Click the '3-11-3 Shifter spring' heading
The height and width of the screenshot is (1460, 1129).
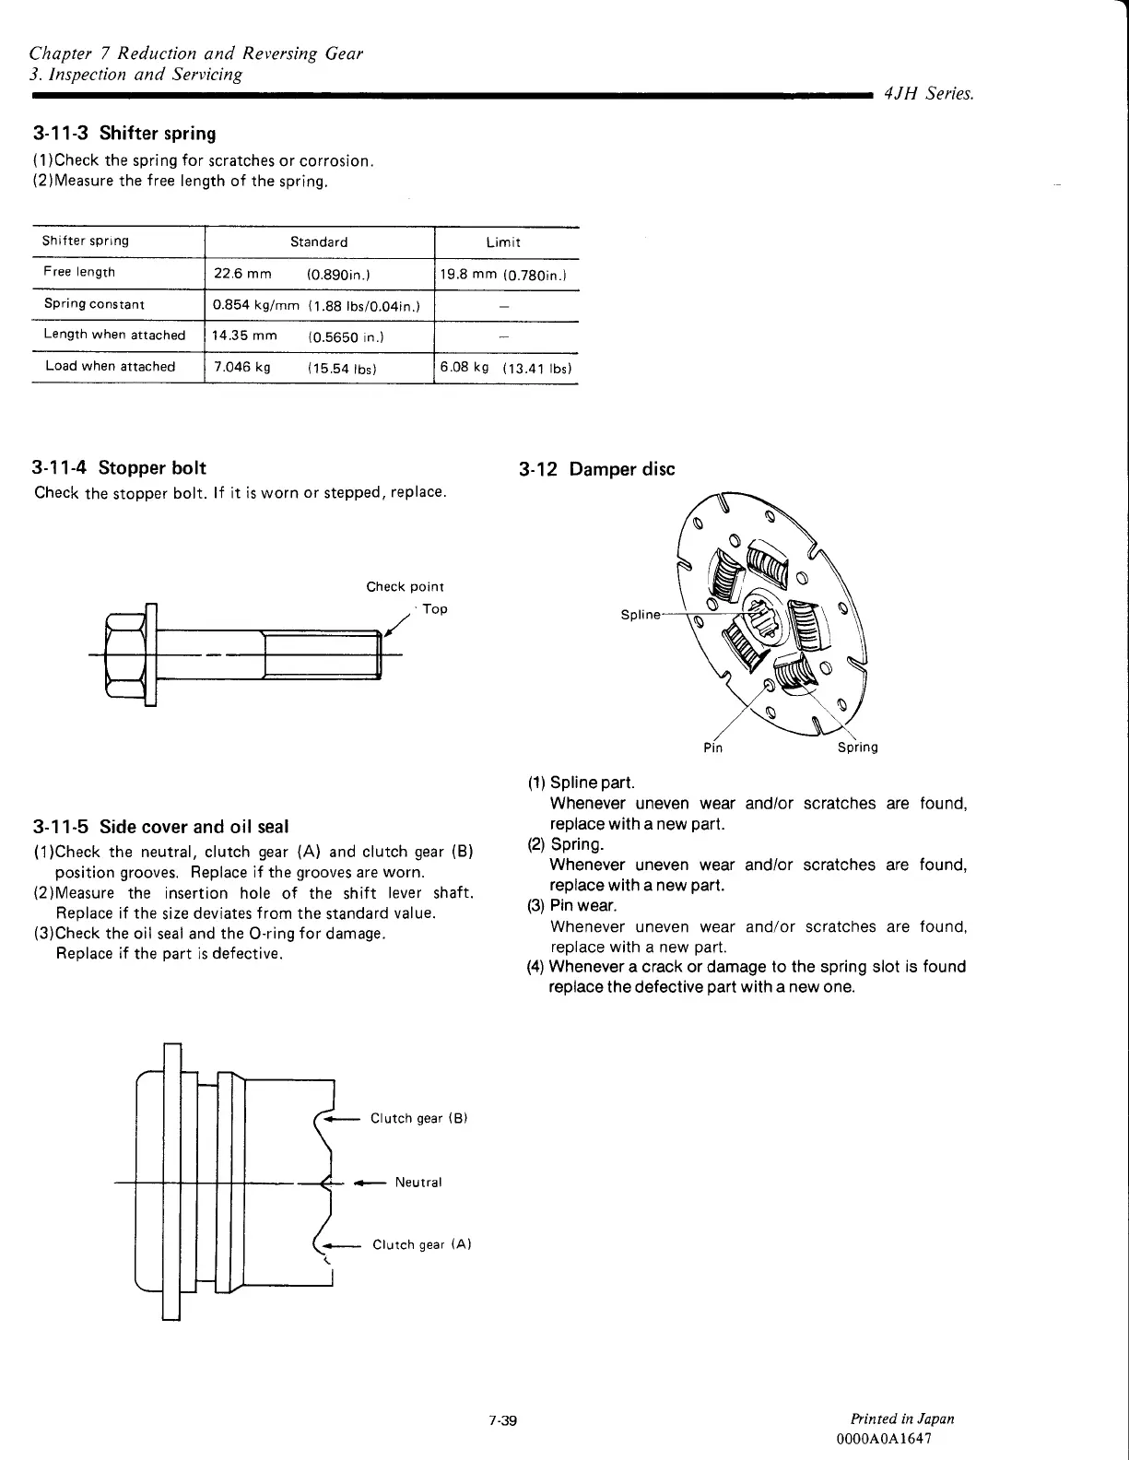pos(124,134)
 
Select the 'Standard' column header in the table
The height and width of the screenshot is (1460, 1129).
pos(319,242)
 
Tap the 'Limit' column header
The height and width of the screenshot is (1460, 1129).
pos(503,242)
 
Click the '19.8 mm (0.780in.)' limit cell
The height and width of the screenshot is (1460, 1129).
pos(503,274)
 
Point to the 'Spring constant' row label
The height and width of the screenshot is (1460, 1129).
pos(94,304)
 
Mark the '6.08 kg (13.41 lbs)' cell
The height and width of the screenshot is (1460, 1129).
pos(506,368)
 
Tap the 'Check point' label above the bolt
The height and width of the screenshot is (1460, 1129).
pos(405,587)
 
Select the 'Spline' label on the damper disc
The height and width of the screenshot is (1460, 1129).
pos(641,615)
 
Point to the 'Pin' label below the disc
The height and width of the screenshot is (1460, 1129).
pos(712,748)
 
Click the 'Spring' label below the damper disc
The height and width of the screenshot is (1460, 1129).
pos(857,748)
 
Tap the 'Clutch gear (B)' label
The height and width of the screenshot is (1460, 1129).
pos(419,1119)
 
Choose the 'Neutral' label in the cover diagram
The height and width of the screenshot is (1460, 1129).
pos(418,1183)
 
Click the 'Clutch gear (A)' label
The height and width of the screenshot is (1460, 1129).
pos(422,1245)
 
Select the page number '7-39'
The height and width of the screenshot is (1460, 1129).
pos(503,1420)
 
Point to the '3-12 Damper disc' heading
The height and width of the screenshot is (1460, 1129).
pos(596,469)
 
